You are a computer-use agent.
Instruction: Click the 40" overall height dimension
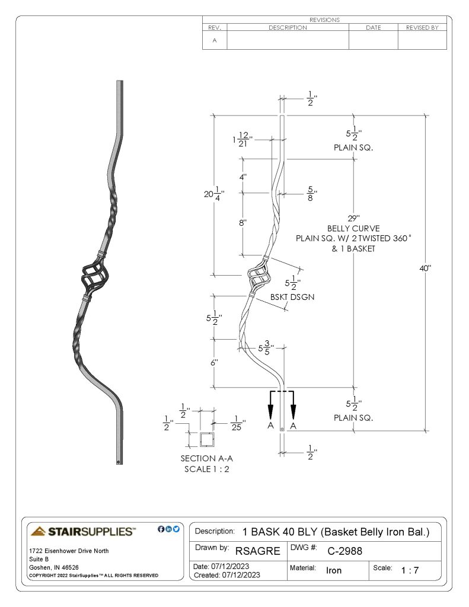coord(425,268)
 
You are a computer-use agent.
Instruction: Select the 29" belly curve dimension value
coord(353,218)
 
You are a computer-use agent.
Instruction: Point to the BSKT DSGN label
coord(292,297)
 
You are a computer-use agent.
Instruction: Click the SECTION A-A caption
coord(206,458)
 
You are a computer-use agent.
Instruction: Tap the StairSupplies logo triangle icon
coord(38,531)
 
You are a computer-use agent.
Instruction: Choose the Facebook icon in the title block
coord(161,529)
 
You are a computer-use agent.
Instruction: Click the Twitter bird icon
coord(176,529)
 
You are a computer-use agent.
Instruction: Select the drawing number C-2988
coord(344,551)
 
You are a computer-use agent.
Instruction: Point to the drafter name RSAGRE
coord(257,551)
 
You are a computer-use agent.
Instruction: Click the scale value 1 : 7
coord(410,570)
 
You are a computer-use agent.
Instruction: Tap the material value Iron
coord(333,570)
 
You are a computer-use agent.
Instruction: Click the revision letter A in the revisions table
coord(215,40)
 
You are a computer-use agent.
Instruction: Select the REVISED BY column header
coord(422,27)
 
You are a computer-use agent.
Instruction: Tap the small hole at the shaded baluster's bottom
coord(119,461)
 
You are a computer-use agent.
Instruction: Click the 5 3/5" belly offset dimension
coord(266,347)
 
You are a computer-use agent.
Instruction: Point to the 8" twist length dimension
coord(243,223)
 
